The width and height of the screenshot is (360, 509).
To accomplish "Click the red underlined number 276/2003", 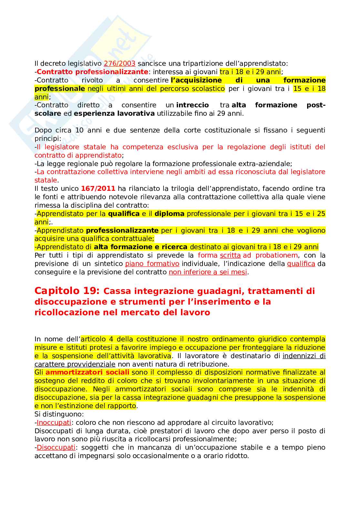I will point(119,64).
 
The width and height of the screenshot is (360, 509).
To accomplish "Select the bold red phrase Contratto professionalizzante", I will point(92,72).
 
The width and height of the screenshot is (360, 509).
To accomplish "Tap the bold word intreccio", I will point(192,105).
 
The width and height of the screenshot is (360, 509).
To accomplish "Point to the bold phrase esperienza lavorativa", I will point(114,113).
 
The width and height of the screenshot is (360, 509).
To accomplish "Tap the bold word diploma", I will point(169,214).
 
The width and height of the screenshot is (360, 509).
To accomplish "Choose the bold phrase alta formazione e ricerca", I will point(141,247).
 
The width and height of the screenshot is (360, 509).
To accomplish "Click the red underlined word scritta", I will point(230,256).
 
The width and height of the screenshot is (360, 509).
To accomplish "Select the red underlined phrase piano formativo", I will point(152,264).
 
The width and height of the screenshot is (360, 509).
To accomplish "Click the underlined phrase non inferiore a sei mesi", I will point(208,272).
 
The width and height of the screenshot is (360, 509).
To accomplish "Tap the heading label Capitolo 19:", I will point(67,291).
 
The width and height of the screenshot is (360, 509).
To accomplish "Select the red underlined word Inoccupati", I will point(54,423).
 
